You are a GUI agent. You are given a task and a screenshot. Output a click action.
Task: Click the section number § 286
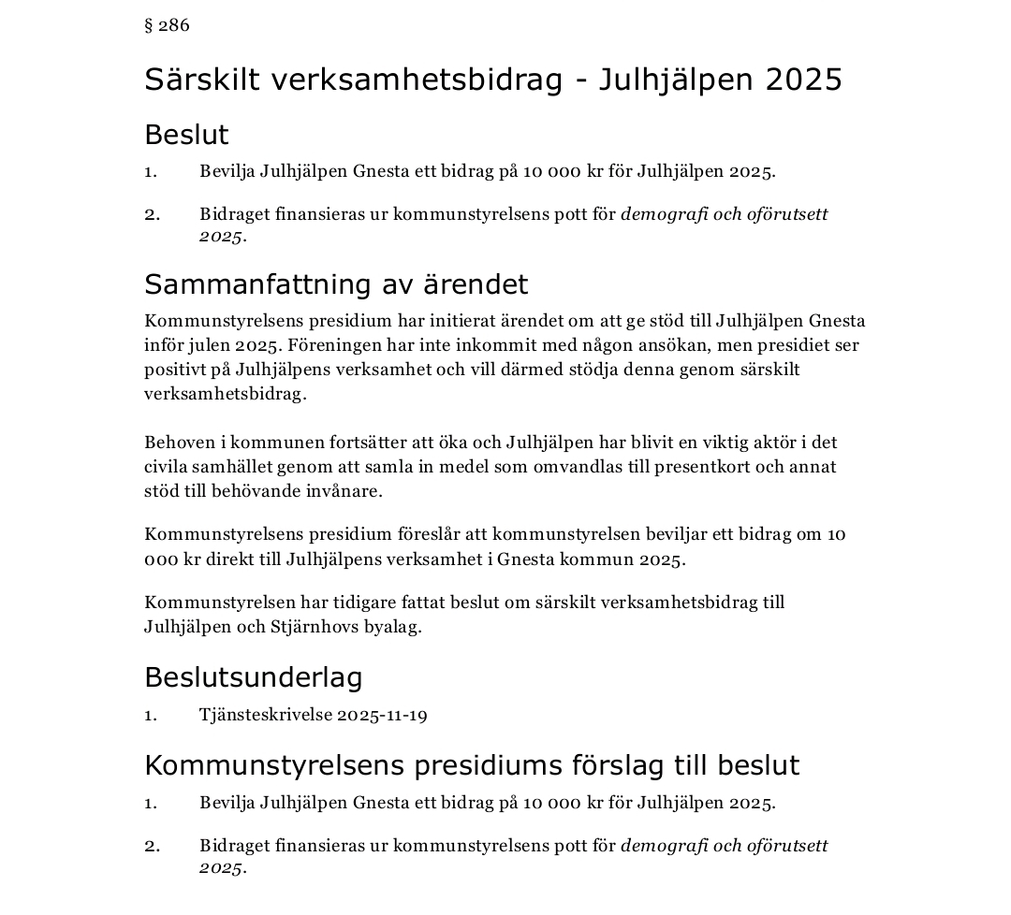click(x=167, y=25)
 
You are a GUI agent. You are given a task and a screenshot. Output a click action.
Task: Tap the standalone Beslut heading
click(x=186, y=135)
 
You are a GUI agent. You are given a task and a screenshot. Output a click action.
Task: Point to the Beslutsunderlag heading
click(x=253, y=676)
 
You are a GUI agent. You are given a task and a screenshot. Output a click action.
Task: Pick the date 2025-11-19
click(x=382, y=715)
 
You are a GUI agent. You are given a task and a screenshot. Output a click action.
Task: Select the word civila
click(x=165, y=466)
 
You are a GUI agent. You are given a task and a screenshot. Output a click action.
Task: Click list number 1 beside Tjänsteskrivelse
click(x=150, y=715)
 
